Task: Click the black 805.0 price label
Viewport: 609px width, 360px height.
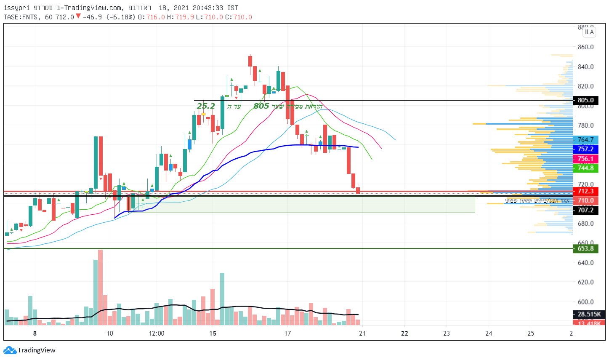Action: (585, 100)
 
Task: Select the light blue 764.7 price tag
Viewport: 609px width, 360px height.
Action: (585, 140)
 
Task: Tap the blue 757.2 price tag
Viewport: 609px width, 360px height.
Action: (585, 149)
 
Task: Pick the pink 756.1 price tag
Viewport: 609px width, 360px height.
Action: (585, 159)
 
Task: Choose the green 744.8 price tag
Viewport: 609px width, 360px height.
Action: (585, 168)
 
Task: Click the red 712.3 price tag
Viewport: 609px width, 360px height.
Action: (585, 191)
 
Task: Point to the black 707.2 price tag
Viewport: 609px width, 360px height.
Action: (585, 210)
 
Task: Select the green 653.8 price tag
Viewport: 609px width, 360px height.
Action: (585, 248)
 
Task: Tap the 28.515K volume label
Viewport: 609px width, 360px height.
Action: (589, 314)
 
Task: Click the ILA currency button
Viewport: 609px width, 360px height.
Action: (589, 32)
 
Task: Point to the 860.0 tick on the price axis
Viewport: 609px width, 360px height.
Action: (586, 47)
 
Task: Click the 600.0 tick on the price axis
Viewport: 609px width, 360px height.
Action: (586, 302)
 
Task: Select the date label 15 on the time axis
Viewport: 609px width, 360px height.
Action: (213, 333)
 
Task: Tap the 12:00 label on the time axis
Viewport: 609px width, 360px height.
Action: (157, 333)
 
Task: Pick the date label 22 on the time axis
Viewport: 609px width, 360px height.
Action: (404, 333)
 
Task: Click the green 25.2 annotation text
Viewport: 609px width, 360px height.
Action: (206, 106)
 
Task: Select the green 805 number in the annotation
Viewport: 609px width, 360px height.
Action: (261, 106)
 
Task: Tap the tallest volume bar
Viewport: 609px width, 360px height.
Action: (100, 287)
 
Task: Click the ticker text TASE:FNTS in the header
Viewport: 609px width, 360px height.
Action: (21, 17)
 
